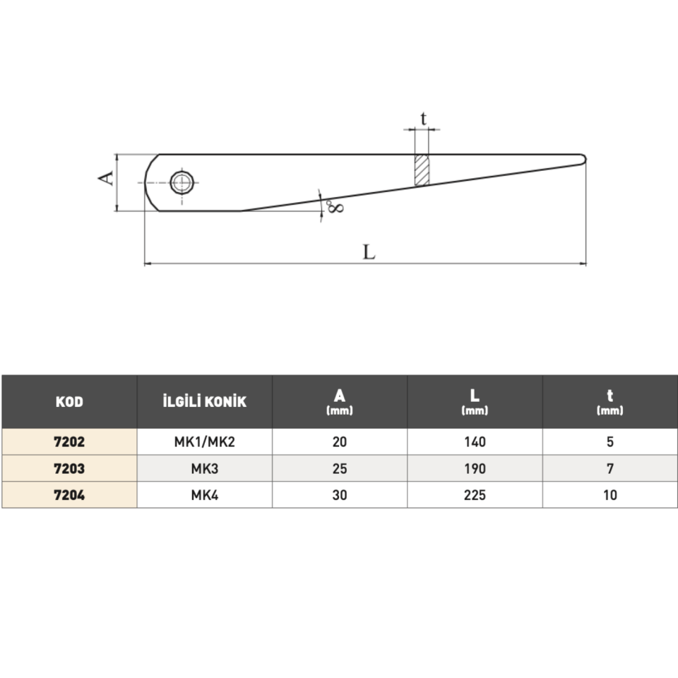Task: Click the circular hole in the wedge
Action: pos(183,182)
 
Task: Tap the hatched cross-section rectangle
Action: pos(422,170)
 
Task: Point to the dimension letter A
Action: pos(105,177)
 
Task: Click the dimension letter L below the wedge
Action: pos(369,251)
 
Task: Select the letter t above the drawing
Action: pos(423,119)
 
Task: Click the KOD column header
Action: pos(69,402)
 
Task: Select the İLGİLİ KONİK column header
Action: pos(204,402)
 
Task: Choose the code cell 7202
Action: pos(69,442)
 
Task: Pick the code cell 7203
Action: pos(69,468)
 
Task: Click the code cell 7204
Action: pos(69,494)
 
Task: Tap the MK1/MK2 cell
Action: pos(204,442)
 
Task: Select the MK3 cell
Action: pos(204,468)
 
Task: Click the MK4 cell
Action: pos(204,494)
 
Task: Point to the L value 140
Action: pos(475,442)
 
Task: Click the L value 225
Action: pos(475,494)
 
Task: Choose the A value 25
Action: pos(340,468)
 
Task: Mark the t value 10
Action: pos(609,494)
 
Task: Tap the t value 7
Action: pos(609,468)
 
